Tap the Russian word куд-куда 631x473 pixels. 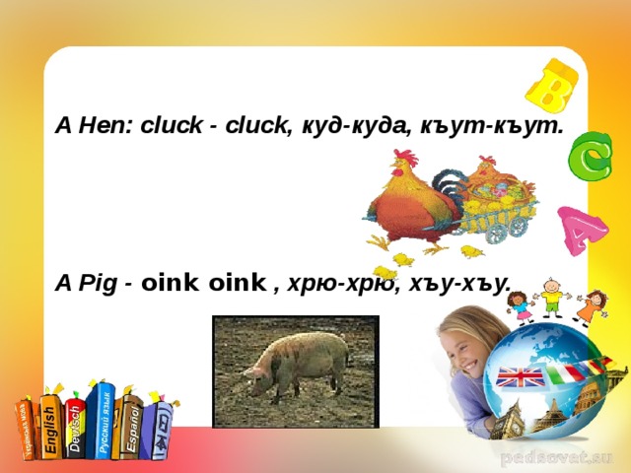[x=352, y=127]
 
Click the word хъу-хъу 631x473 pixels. [x=471, y=284]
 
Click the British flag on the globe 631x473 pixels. [x=518, y=377]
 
